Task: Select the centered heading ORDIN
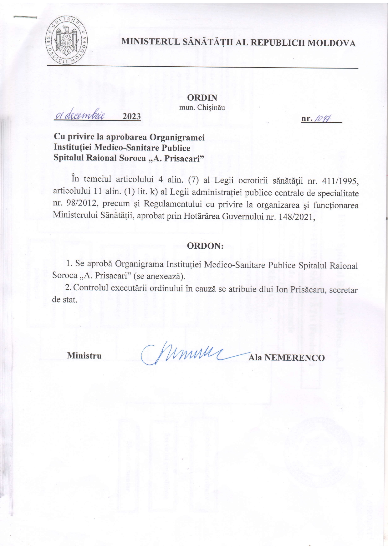coord(202,98)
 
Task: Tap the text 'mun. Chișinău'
coord(202,108)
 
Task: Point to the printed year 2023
coord(131,117)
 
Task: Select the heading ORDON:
coord(205,246)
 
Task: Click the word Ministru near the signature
coord(84,355)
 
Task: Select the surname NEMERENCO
coord(294,358)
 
